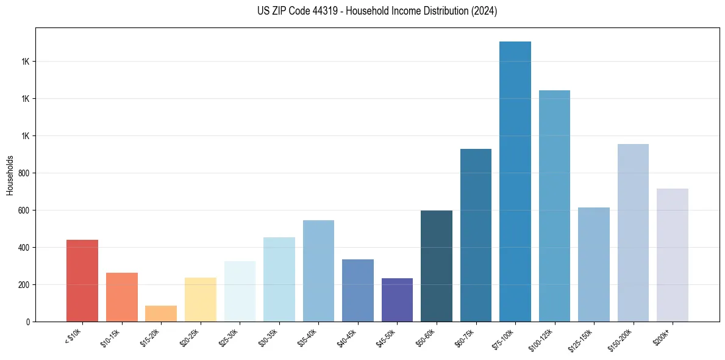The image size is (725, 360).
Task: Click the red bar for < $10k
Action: click(82, 281)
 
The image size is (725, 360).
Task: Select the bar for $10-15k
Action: click(121, 297)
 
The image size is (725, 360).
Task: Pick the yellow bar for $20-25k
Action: click(200, 300)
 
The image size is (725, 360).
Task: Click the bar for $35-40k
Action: click(318, 271)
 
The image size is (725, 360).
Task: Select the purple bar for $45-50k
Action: click(397, 300)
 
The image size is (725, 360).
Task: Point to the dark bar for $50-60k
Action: click(437, 266)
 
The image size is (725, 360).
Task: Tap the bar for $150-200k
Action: click(633, 232)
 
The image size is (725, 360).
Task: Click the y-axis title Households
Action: click(10, 175)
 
